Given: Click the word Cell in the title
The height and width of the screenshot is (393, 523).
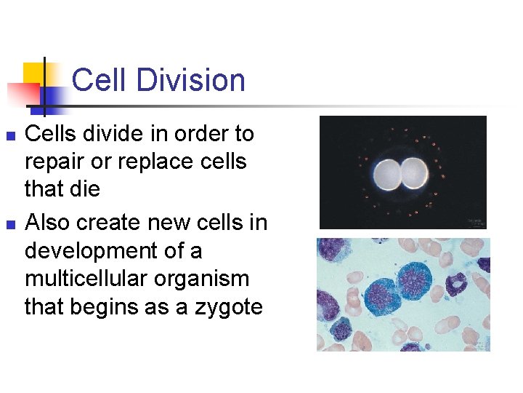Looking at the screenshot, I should (x=99, y=80).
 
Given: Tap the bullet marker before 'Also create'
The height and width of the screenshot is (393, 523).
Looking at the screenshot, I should (x=9, y=223).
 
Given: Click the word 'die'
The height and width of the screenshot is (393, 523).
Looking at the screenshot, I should (x=84, y=189).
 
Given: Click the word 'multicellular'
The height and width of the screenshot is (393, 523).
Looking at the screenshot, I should (x=86, y=279).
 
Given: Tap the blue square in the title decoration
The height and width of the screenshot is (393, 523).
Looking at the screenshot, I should (x=52, y=97).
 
